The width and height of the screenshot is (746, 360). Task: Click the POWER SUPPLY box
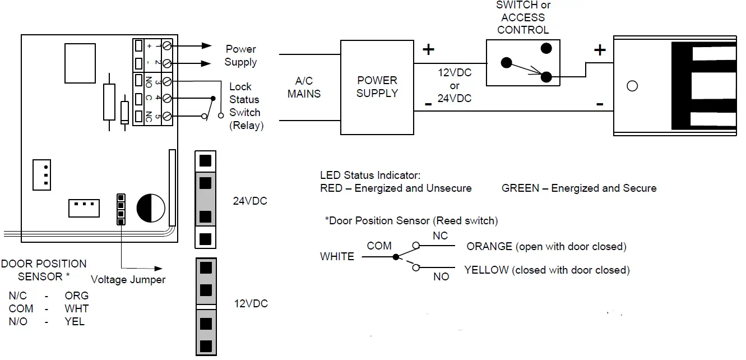377,87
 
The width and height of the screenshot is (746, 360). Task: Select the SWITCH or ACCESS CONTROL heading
523,17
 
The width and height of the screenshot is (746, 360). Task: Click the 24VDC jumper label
250,201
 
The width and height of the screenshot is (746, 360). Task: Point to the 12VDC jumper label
250,303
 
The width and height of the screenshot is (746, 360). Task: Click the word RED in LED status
331,188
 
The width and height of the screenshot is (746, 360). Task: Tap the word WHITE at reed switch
337,257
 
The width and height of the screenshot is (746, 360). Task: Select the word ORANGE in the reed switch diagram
489,247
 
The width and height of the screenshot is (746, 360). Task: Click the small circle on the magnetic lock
632,86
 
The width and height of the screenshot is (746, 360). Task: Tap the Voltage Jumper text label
128,279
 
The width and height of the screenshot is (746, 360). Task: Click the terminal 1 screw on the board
166,47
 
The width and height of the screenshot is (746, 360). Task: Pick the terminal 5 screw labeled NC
166,116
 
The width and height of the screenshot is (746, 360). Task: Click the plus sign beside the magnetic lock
600,50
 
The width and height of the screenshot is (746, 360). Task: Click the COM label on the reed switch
379,246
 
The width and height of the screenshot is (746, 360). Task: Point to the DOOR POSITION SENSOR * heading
44,270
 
